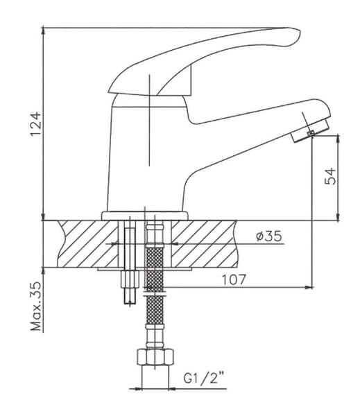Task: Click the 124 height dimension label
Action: coord(35,124)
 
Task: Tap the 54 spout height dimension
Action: coord(330,175)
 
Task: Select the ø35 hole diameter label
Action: coord(268,236)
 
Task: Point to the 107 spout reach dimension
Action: coord(234,279)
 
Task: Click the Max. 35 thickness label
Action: coord(36,306)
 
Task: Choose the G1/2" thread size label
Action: coord(204,378)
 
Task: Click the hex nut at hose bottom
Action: coord(155,357)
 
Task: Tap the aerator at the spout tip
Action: coord(310,131)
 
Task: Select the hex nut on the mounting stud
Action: coord(130,279)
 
